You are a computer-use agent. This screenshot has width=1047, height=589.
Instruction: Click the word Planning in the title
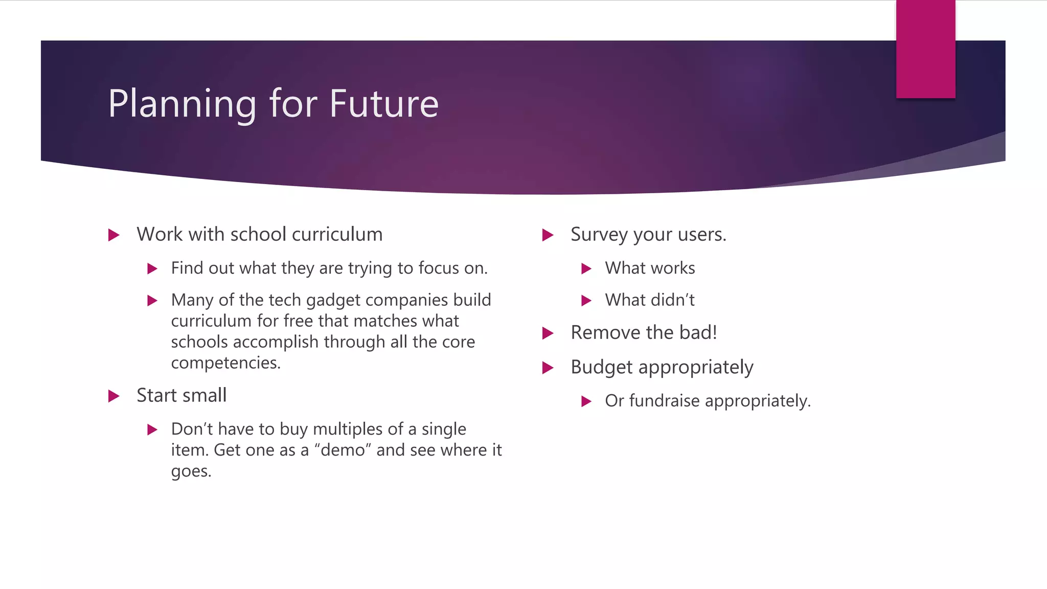point(182,104)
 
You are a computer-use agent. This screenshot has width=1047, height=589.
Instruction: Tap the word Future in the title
point(383,104)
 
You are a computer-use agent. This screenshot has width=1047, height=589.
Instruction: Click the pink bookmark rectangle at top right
point(925,49)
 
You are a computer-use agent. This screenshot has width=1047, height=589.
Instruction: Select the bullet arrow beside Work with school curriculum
point(114,235)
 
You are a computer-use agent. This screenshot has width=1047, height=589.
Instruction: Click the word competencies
point(225,363)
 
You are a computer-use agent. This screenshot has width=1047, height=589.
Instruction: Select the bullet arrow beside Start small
point(114,396)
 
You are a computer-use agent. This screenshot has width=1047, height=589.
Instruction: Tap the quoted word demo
point(343,450)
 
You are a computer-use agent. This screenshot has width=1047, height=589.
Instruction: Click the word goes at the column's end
point(190,471)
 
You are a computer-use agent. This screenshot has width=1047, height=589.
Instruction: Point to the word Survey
point(599,235)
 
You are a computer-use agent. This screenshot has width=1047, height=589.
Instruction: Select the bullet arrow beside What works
point(586,269)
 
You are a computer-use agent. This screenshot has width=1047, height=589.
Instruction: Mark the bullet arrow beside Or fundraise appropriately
point(586,401)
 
